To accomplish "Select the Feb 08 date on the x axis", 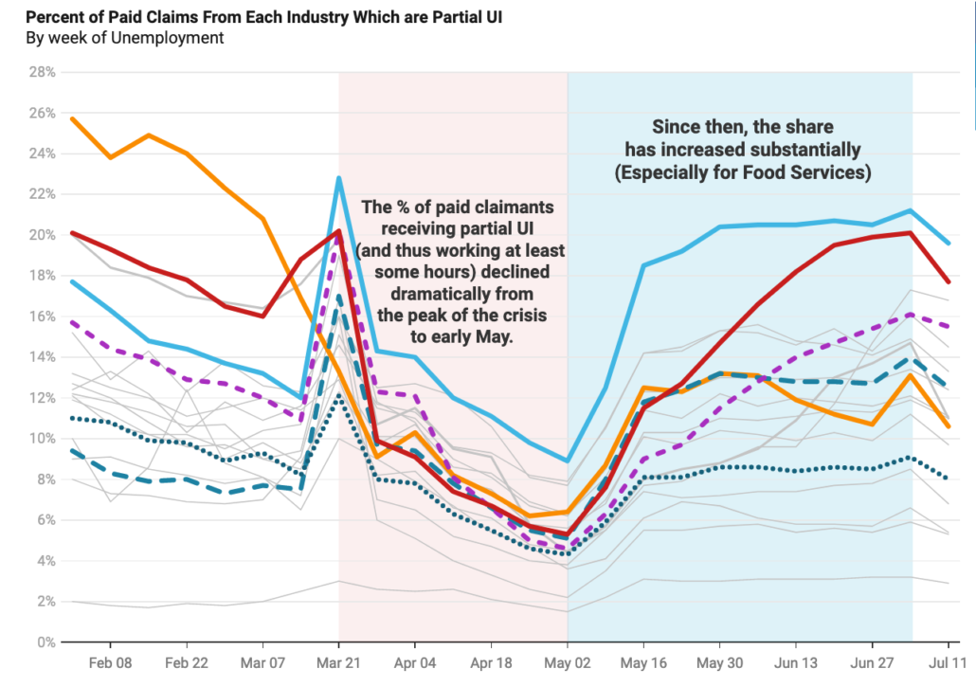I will [111, 662].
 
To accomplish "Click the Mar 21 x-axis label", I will [340, 662].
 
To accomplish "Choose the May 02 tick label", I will [569, 662].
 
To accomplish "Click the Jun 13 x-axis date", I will [797, 662].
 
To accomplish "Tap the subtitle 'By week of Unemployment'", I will [124, 38].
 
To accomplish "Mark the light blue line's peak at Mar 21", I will [339, 178].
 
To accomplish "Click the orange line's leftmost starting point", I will [73, 118].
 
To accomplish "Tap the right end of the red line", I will [949, 281].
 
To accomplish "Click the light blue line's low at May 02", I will [568, 461].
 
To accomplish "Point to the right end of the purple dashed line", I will [949, 326].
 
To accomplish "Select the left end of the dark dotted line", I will [73, 418].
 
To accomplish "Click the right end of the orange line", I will [949, 426].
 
